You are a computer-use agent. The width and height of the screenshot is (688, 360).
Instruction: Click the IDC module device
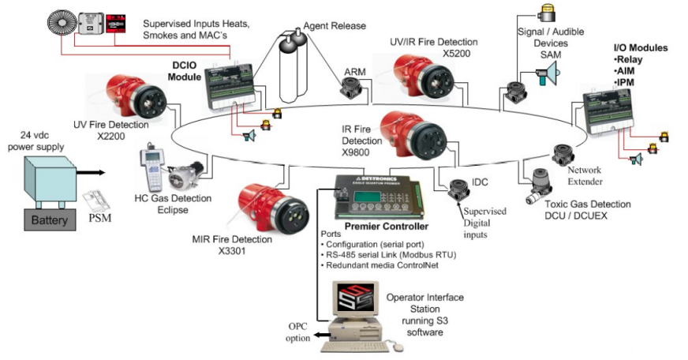pyautogui.click(x=458, y=190)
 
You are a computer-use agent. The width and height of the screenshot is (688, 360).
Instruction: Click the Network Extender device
pyautogui.click(x=562, y=154)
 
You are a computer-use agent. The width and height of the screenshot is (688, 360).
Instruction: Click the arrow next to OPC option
pyautogui.click(x=322, y=335)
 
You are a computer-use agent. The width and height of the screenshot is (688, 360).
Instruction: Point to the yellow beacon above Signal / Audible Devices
pyautogui.click(x=547, y=13)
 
